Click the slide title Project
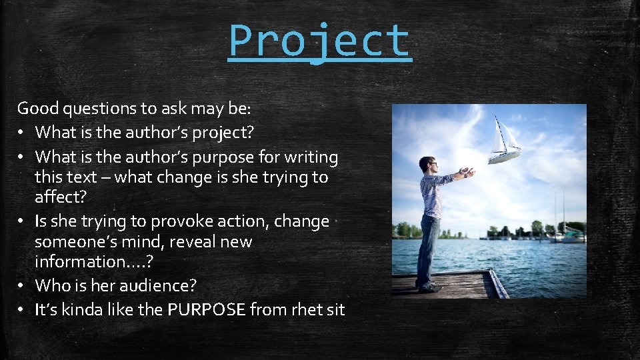[319, 41]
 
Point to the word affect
[57, 199]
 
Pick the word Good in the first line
[37, 107]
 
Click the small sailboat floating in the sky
[504, 141]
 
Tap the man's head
[427, 165]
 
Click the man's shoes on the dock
[427, 289]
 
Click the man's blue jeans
[427, 247]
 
